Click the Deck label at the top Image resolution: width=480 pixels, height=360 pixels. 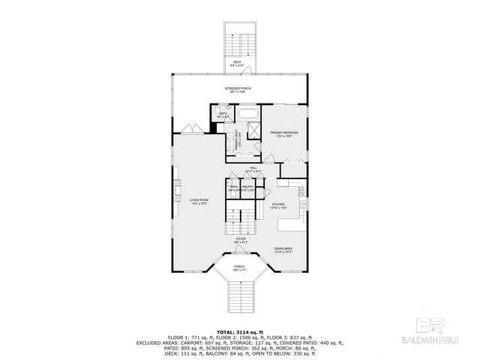pyautogui.click(x=238, y=63)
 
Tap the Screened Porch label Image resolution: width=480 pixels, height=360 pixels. pyautogui.click(x=238, y=90)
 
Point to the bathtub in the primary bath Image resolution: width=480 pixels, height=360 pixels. pyautogui.click(x=249, y=115)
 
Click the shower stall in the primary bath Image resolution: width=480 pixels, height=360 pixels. pyautogui.click(x=253, y=130)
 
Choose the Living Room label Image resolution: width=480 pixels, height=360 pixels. pyautogui.click(x=198, y=201)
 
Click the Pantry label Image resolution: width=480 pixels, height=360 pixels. pyautogui.click(x=248, y=188)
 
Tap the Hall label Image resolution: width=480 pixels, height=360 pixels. pyautogui.click(x=254, y=169)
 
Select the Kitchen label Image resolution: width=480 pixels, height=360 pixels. pyautogui.click(x=278, y=205)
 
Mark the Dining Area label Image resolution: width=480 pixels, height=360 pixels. pyautogui.click(x=283, y=250)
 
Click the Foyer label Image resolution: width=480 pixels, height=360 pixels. pyautogui.click(x=240, y=241)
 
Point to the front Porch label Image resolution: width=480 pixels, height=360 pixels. pyautogui.click(x=239, y=268)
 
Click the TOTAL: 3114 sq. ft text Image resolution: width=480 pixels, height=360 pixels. pyautogui.click(x=239, y=331)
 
